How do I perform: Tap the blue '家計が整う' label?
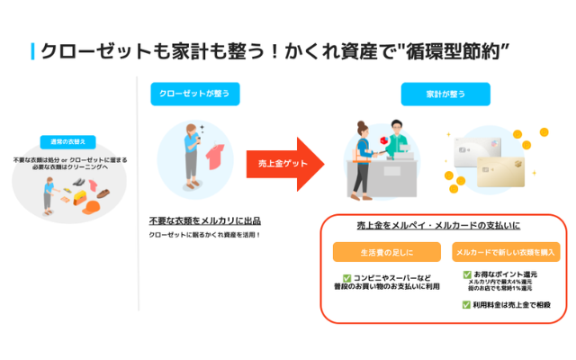445,94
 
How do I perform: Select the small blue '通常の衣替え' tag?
67,142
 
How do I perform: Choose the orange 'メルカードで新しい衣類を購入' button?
507,252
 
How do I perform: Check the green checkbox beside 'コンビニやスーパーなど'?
347,279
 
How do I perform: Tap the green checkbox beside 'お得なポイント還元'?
467,274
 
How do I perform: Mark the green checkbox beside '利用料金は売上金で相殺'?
467,305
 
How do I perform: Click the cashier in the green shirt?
397,148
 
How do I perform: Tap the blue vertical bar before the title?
33,51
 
